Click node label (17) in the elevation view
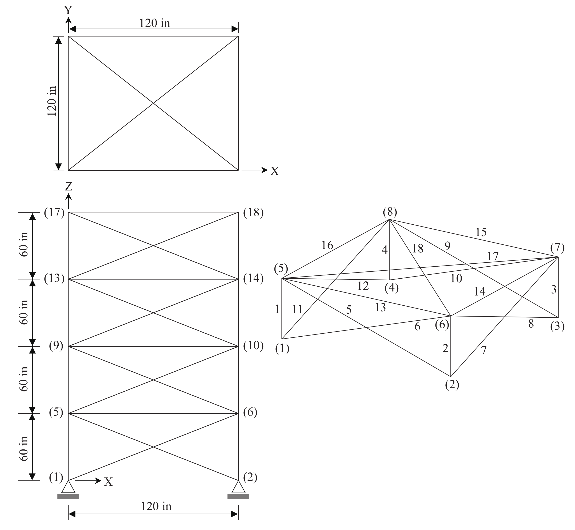(x=54, y=213)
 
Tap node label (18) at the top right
(x=253, y=213)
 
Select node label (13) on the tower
(x=54, y=278)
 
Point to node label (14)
(x=253, y=278)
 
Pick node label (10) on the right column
(x=253, y=346)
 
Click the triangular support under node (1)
(x=68, y=487)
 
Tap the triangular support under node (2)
(x=238, y=487)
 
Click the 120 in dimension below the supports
(x=156, y=506)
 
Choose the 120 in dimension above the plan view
(x=154, y=23)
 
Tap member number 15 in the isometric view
(x=481, y=232)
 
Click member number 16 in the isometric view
(x=327, y=245)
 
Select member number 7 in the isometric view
(x=484, y=350)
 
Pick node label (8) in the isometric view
(x=390, y=212)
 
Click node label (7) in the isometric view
(x=557, y=248)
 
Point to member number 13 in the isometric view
(x=380, y=307)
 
